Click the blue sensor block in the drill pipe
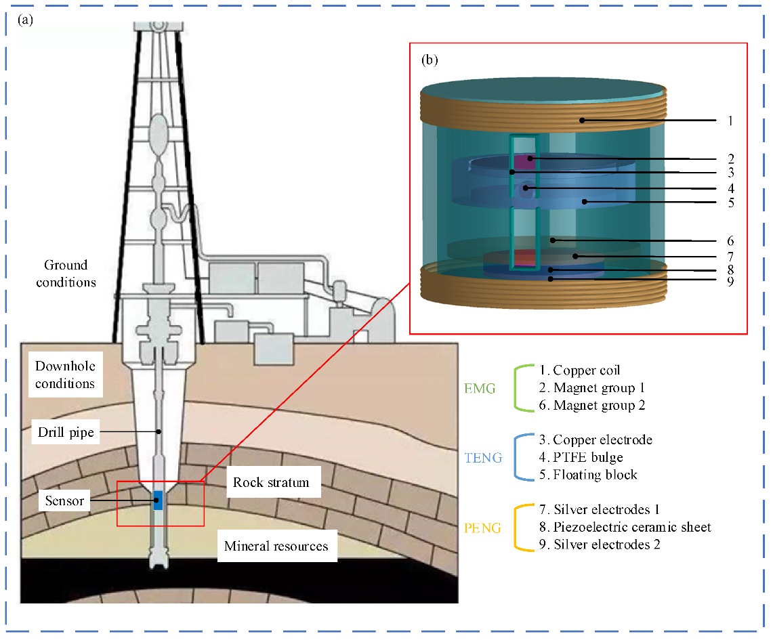158,501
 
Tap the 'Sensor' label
65,501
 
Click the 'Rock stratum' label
271,482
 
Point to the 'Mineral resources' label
276,546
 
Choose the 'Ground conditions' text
66,274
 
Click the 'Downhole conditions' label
65,375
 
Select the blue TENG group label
483,458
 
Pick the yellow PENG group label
482,528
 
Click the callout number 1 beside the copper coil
730,121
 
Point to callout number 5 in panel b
730,202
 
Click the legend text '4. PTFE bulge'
581,457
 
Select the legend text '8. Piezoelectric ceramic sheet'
625,527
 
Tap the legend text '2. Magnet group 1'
591,388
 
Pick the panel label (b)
430,60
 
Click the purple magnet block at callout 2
522,162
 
